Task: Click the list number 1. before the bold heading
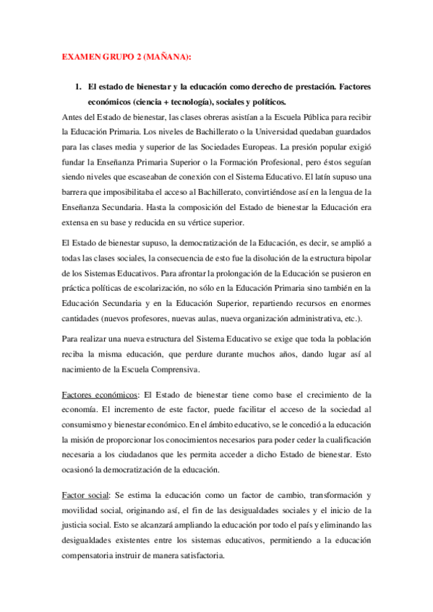79,87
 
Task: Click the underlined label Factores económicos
100,394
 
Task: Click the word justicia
77,525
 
